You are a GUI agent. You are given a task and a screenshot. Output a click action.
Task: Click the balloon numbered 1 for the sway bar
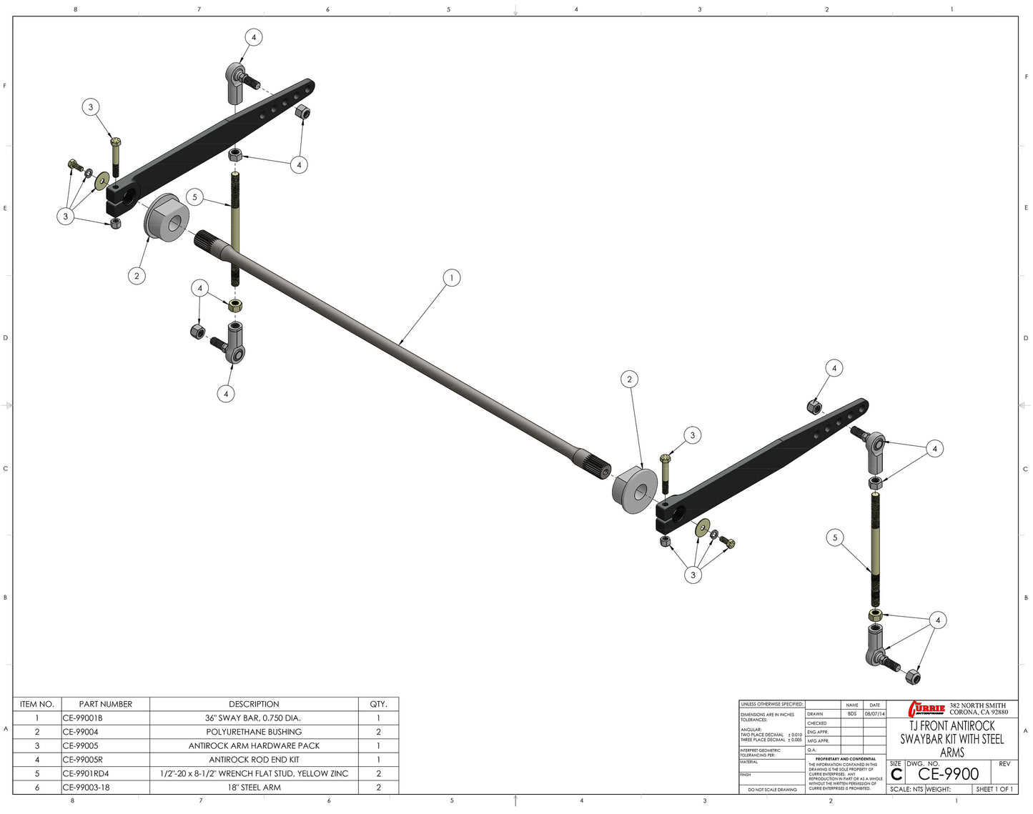451,277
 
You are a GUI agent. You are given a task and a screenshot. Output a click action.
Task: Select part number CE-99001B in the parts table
82,718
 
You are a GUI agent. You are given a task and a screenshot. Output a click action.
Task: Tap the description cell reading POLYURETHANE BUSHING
254,732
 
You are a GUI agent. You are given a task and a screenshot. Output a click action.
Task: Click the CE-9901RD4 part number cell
86,773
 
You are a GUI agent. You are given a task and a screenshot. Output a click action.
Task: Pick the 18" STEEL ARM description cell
254,788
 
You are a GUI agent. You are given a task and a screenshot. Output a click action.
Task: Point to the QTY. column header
378,704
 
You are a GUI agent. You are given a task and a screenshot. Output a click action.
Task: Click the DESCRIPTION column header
254,704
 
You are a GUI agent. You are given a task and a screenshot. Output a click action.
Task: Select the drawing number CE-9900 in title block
948,774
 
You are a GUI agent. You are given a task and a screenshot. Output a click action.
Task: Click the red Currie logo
926,708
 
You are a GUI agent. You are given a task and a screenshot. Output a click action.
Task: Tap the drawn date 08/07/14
874,714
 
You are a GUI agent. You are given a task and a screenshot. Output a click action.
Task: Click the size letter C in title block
896,775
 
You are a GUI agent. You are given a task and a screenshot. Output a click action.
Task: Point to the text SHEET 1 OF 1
994,789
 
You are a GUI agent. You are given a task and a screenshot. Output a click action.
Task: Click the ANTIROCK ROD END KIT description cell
254,760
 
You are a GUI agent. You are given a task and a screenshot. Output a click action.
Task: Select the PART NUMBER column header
106,704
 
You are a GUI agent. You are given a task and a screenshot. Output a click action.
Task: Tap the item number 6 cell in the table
37,788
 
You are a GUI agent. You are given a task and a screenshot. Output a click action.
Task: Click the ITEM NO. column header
37,704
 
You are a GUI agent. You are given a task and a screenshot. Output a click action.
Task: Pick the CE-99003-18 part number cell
86,788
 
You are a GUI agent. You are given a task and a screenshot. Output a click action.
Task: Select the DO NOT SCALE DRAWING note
772,790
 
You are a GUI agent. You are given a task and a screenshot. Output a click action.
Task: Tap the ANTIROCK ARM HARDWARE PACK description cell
254,745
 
